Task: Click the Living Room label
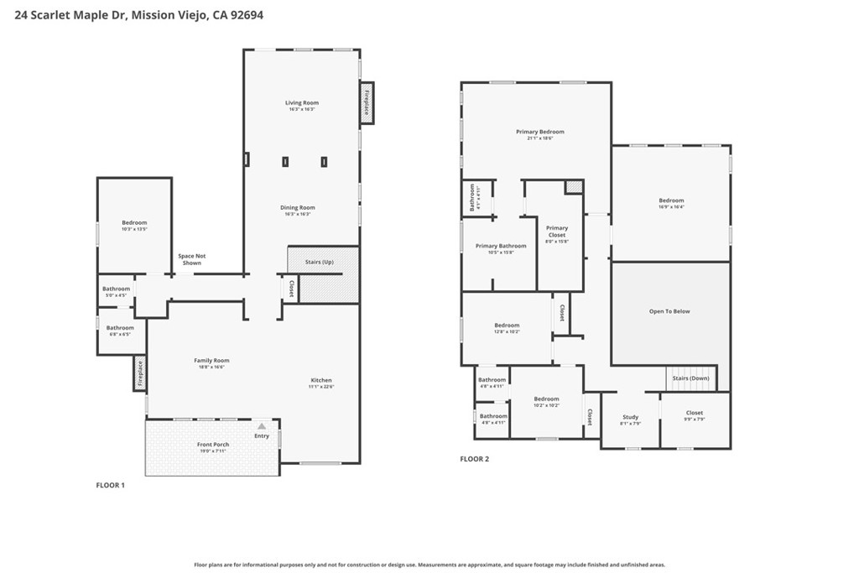[302, 103]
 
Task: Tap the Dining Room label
[298, 208]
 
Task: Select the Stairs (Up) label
[319, 262]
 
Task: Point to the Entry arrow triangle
[262, 426]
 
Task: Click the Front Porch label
[213, 445]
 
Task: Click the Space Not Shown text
[191, 259]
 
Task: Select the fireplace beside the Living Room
[367, 103]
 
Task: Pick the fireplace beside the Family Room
[139, 373]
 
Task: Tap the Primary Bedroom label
[539, 132]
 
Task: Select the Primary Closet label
[557, 231]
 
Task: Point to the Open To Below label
[669, 311]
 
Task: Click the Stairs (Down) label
[691, 378]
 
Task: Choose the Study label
[630, 417]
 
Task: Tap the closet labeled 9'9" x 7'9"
[695, 413]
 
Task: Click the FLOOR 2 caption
[474, 459]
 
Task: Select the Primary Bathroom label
[501, 246]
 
